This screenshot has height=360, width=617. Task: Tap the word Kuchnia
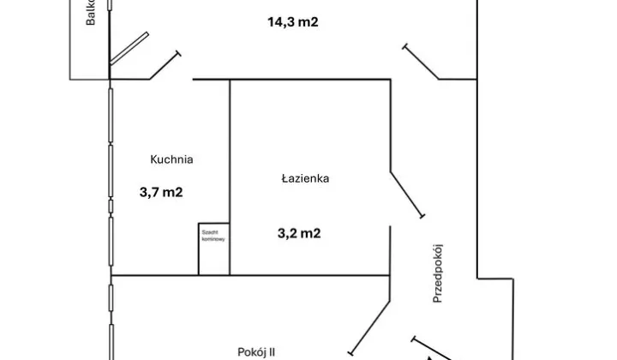pos(171,159)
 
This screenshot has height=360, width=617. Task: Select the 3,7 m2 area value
pos(160,193)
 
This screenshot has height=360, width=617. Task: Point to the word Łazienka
pos(305,179)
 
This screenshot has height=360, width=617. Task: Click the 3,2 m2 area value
pos(298,231)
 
